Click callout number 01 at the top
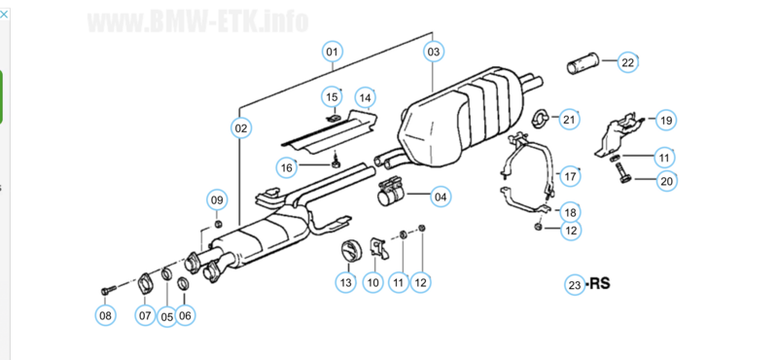tap(333, 51)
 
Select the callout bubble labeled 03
tap(434, 51)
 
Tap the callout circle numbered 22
tap(627, 62)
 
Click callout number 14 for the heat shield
tap(365, 97)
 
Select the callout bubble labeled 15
tap(333, 97)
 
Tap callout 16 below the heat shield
tap(286, 167)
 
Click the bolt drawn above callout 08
tap(107, 288)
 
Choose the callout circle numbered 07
tap(145, 315)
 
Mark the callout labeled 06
tap(185, 315)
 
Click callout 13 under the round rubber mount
tap(345, 282)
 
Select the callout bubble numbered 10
tap(373, 282)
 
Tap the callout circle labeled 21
tap(569, 120)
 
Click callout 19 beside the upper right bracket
tap(665, 121)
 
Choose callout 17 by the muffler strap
tap(570, 176)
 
